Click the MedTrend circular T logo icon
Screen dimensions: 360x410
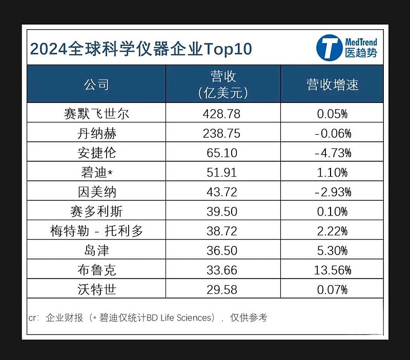(329, 48)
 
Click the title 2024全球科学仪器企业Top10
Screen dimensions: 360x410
(141, 49)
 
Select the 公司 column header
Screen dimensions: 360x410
(96, 84)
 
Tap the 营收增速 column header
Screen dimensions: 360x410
(332, 84)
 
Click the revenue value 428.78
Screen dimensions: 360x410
(222, 113)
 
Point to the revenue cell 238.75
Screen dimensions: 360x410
(222, 133)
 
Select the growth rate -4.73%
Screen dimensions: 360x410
(332, 153)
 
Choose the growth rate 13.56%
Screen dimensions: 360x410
(332, 270)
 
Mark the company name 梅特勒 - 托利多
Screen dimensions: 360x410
(96, 231)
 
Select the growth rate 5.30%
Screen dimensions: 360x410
(332, 250)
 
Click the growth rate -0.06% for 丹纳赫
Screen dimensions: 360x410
(332, 133)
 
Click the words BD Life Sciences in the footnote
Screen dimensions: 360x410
(180, 318)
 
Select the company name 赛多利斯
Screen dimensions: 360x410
(96, 211)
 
